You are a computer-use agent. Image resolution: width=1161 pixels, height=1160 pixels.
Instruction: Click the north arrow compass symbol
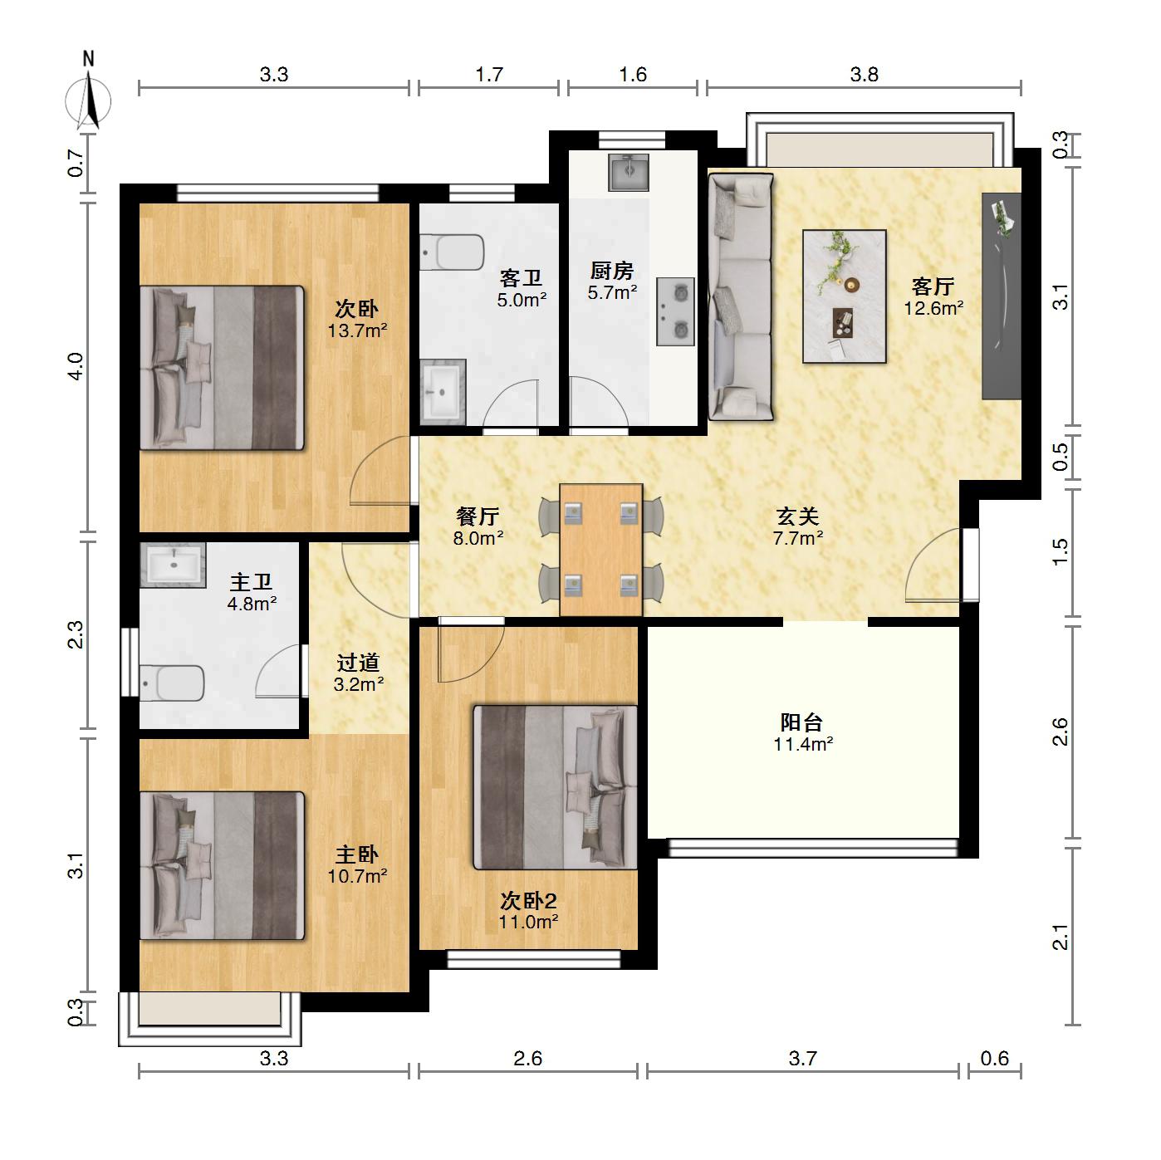[x=89, y=100]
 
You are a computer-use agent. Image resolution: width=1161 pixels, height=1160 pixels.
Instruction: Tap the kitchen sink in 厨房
[x=629, y=173]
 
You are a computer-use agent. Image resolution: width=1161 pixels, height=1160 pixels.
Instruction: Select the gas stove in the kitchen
[x=675, y=311]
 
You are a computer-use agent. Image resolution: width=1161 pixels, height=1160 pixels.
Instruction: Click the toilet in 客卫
[x=452, y=252]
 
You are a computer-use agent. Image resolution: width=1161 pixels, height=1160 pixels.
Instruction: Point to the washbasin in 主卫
[x=173, y=565]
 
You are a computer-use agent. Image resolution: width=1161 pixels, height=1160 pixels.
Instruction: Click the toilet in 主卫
[x=172, y=683]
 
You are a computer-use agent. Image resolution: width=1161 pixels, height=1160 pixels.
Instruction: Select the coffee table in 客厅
[x=844, y=296]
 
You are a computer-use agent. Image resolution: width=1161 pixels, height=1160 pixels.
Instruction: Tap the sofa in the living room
[x=741, y=296]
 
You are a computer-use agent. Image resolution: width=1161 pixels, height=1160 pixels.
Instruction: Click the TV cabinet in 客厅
[x=1002, y=296]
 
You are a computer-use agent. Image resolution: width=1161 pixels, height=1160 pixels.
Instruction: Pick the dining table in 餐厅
[x=600, y=550]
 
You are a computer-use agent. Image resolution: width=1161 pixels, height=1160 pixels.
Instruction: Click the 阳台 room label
[x=801, y=722]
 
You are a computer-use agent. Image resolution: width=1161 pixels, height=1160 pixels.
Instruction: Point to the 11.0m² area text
[x=528, y=922]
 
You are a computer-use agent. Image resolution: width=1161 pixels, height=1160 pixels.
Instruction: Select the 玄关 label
[x=797, y=516]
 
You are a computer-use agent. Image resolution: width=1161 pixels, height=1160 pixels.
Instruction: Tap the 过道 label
[x=358, y=663]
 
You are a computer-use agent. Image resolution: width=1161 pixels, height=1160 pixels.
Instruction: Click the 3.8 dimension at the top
[x=864, y=75]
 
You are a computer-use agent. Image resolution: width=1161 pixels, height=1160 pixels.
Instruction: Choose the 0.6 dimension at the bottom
[x=994, y=1074]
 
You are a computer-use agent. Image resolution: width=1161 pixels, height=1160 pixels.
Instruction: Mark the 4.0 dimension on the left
[x=76, y=366]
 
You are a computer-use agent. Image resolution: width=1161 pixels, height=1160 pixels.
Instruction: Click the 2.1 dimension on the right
[x=1060, y=937]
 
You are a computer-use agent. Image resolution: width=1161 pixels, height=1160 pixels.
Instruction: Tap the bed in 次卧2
[x=555, y=788]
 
